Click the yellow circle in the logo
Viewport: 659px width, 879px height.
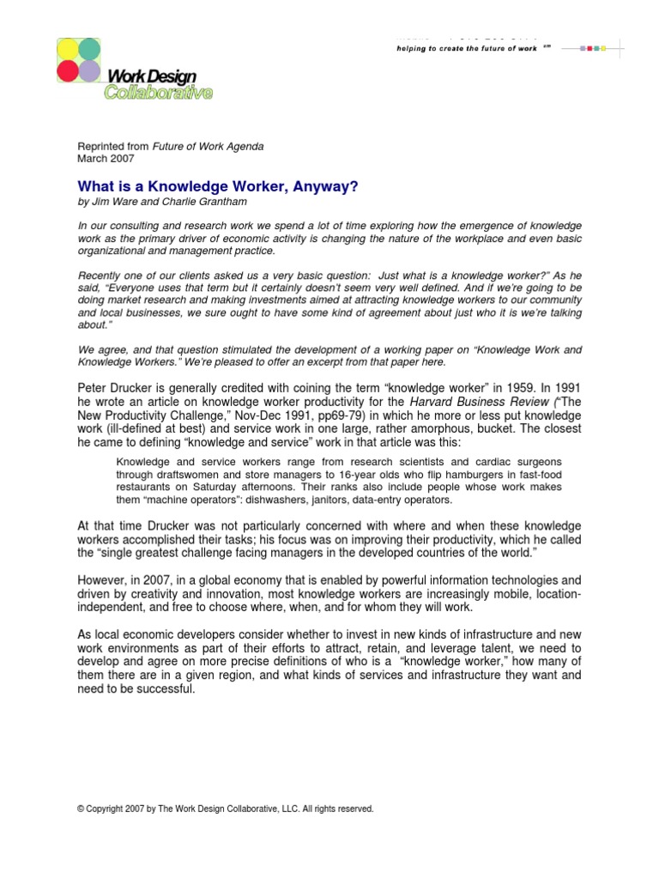click(68, 48)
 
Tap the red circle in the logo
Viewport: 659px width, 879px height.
click(68, 71)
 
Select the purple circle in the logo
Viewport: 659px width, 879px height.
click(90, 71)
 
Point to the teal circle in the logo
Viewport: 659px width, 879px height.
click(90, 48)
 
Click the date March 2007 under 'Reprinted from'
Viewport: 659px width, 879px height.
click(100, 159)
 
